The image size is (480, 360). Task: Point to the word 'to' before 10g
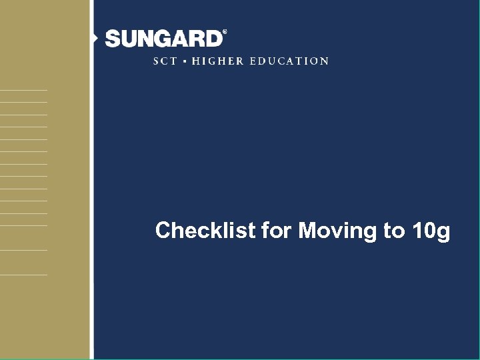[x=393, y=231]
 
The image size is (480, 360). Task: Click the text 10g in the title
[x=431, y=231]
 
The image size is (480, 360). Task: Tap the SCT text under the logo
[x=165, y=61]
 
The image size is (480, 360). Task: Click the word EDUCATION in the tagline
[x=289, y=61]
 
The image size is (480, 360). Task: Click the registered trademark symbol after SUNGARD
[x=224, y=31]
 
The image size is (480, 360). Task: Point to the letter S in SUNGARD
[x=113, y=39]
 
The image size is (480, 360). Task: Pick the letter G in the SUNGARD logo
[x=163, y=39]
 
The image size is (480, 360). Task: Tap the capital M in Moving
[x=307, y=231]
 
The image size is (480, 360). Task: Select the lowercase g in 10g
[x=443, y=233]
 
